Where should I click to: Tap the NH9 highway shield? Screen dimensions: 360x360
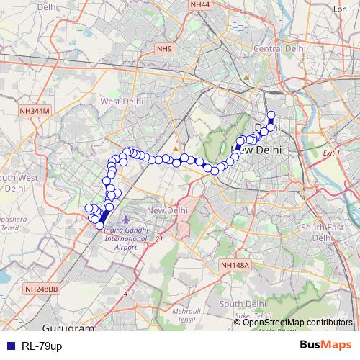click(165, 49)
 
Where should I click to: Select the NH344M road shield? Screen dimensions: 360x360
click(35, 112)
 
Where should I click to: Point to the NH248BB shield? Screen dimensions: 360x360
click(42, 289)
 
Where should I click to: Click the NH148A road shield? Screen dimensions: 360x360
click(234, 265)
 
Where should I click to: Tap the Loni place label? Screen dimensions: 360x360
click(341, 8)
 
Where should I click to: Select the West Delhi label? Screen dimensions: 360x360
click(120, 102)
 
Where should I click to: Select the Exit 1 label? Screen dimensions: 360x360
click(331, 153)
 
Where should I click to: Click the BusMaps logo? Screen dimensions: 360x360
click(326, 345)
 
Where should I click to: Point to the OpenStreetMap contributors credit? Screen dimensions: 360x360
click(297, 323)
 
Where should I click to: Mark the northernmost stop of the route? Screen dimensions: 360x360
click(271, 114)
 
